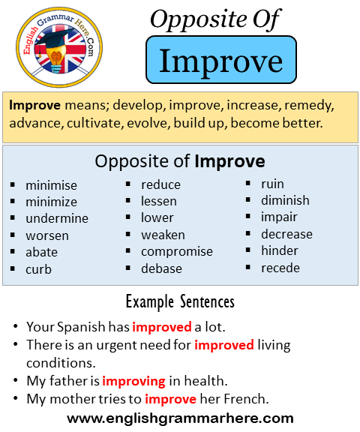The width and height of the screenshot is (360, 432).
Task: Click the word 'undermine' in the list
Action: (x=57, y=218)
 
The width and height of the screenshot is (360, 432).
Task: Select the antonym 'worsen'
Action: (x=47, y=235)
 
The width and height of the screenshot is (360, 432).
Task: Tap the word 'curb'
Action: (x=38, y=269)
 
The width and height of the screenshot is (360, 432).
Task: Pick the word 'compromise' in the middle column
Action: (x=177, y=252)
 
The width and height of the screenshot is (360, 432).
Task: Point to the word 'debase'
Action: (x=161, y=268)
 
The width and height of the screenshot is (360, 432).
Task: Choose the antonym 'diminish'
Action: (x=285, y=200)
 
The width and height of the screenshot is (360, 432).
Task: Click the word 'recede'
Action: (x=280, y=268)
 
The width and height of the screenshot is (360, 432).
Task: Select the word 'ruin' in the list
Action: (x=272, y=184)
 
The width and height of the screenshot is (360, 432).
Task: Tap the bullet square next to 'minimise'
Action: (x=13, y=184)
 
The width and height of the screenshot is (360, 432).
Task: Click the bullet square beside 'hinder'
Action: (x=248, y=250)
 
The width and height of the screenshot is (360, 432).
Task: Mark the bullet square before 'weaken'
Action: (x=127, y=234)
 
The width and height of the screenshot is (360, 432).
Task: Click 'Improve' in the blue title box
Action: (x=221, y=61)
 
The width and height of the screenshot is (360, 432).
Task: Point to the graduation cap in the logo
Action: (x=53, y=38)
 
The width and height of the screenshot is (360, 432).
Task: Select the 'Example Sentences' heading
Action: (x=180, y=302)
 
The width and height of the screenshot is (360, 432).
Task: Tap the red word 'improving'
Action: (x=133, y=381)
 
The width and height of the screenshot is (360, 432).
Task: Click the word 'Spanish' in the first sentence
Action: (x=81, y=327)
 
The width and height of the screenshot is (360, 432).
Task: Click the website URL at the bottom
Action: (x=180, y=418)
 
